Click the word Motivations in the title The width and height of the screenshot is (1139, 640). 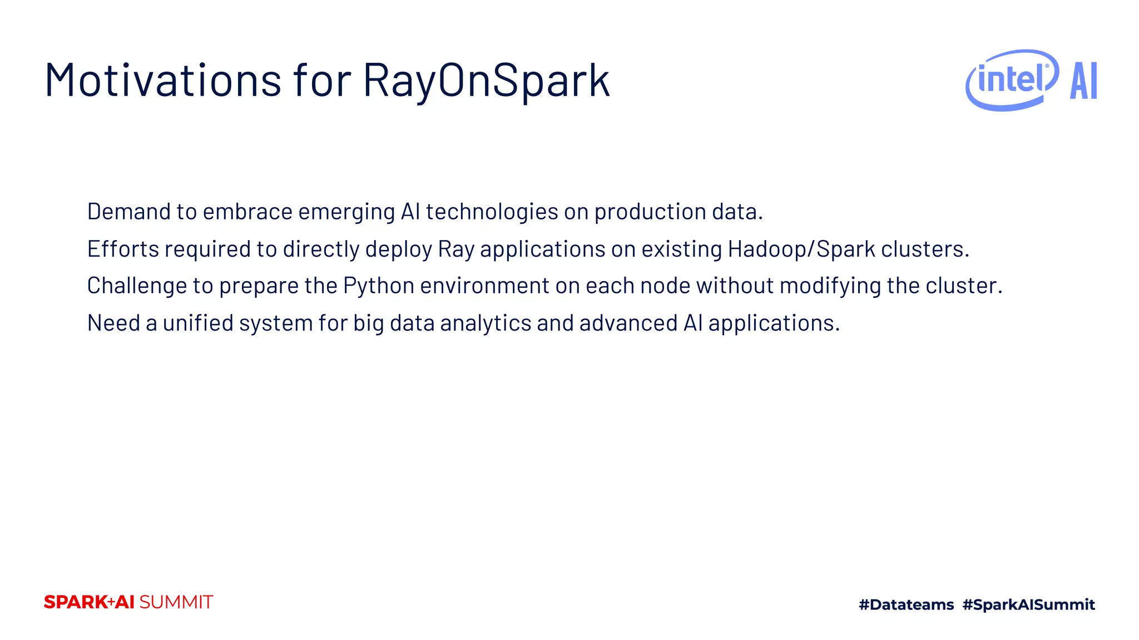[x=162, y=81]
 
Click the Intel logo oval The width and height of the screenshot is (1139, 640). [x=1012, y=80]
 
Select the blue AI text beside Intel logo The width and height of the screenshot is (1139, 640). [x=1083, y=81]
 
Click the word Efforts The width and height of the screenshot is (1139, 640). [x=123, y=249]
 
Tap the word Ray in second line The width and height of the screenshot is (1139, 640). [x=455, y=249]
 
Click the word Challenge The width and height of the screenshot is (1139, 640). [x=137, y=286]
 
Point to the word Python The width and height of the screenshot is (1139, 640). [x=379, y=286]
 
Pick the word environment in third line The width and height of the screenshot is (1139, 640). [x=484, y=286]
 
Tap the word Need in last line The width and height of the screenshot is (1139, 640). [x=113, y=323]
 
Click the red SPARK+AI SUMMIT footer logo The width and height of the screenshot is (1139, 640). [x=128, y=602]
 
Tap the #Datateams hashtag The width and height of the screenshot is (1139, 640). [x=906, y=604]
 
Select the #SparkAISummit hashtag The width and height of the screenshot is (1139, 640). [x=1028, y=604]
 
